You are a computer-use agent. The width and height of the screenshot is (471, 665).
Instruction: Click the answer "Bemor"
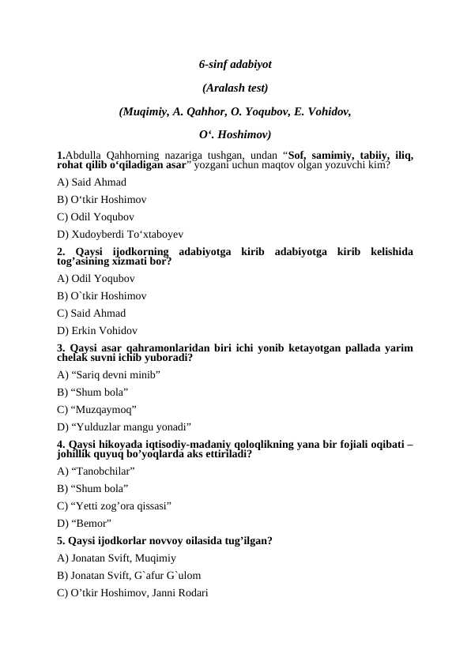84,524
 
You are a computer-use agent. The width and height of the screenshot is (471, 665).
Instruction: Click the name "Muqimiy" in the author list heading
144,111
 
